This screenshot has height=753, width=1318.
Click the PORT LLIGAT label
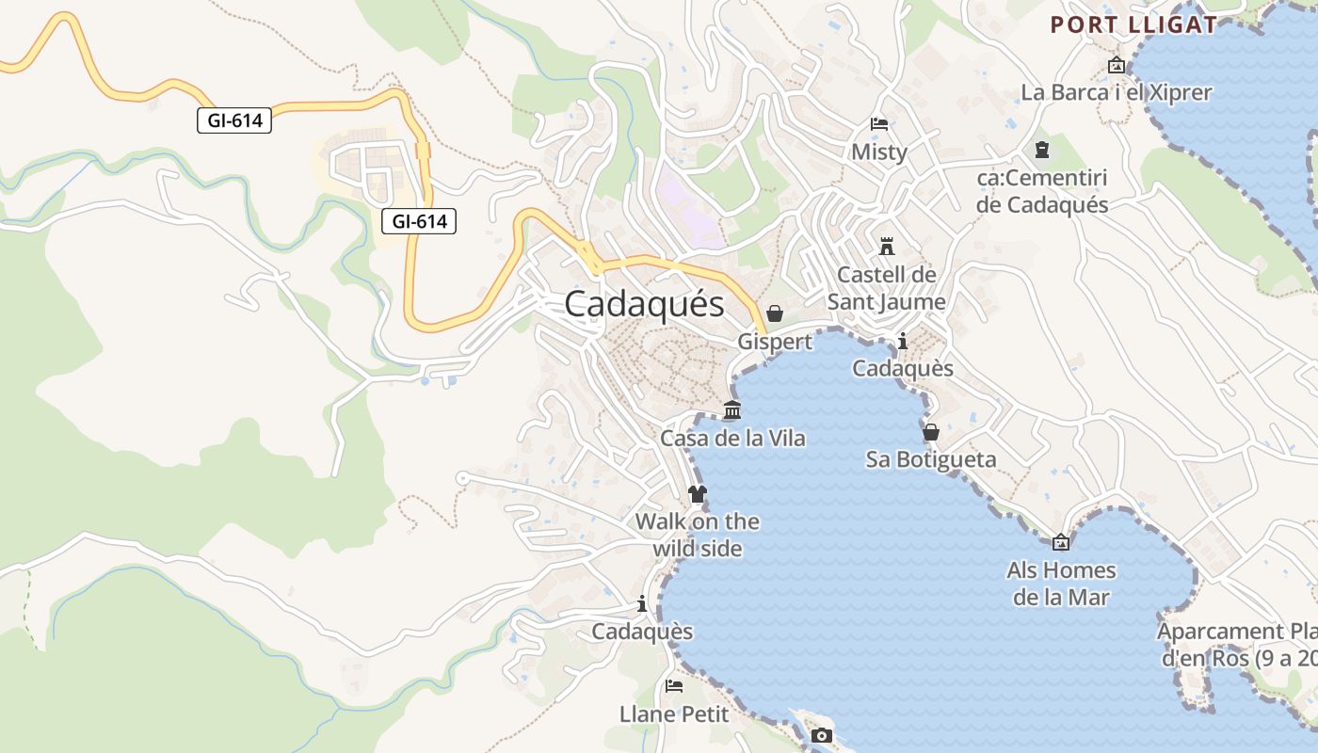(x=1133, y=25)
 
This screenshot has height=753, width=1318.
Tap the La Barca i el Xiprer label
(x=1117, y=92)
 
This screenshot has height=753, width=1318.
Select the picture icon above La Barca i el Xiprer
(x=1117, y=65)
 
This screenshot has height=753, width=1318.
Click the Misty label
(x=879, y=152)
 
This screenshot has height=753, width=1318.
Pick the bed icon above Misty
(x=879, y=124)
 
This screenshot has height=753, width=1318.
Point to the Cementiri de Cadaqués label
(x=1042, y=191)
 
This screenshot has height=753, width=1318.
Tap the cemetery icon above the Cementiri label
(x=1042, y=150)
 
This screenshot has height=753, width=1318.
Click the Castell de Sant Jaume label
(x=886, y=288)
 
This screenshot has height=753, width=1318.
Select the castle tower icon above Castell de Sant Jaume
(x=886, y=247)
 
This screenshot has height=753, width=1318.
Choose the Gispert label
(x=775, y=342)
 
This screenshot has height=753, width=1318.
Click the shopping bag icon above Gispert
(x=775, y=313)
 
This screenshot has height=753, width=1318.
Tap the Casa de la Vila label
(x=732, y=439)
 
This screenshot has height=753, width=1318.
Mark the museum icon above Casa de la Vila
(x=732, y=410)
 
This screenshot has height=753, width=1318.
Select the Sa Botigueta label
(x=931, y=459)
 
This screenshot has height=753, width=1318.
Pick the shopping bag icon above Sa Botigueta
(x=931, y=432)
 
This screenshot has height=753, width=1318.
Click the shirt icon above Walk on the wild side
(x=697, y=493)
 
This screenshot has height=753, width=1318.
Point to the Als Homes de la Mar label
(x=1061, y=584)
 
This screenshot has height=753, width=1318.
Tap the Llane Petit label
(x=674, y=713)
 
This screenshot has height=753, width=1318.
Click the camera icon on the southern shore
(x=822, y=735)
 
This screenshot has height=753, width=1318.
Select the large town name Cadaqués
(x=645, y=304)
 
